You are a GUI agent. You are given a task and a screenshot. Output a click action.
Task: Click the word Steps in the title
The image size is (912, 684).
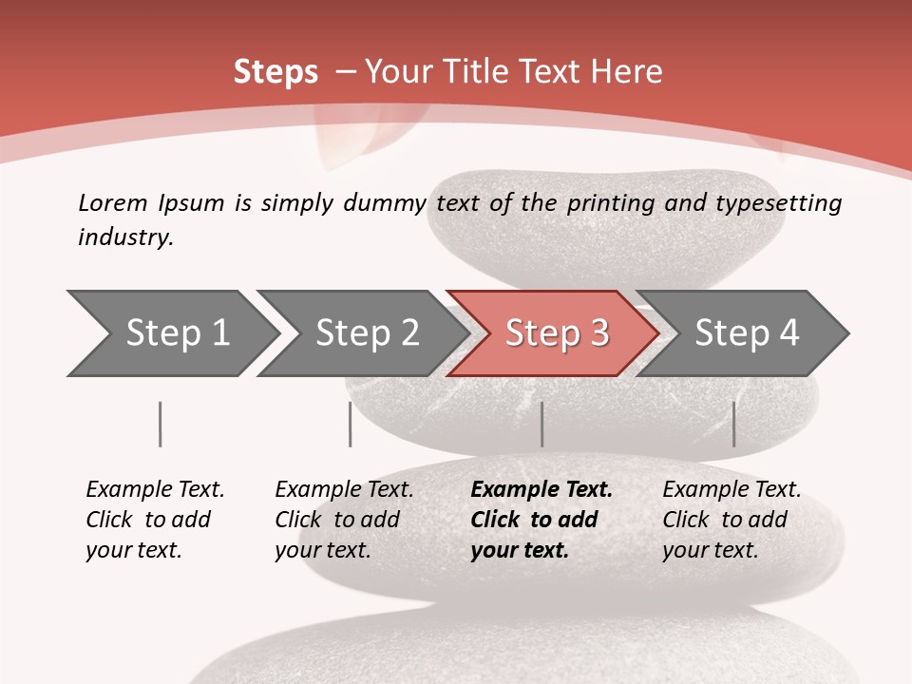[x=275, y=72]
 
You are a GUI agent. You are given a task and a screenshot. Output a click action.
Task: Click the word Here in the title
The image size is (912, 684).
[x=627, y=72]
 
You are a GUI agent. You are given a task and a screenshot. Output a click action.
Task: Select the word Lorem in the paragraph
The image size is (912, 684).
[x=113, y=202]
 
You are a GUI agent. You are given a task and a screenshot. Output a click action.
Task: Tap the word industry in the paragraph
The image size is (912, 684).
[x=125, y=237]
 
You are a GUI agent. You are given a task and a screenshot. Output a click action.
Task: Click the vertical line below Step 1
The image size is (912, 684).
[x=161, y=424]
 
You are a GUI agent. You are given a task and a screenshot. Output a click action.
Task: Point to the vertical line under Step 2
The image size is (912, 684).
[x=351, y=424]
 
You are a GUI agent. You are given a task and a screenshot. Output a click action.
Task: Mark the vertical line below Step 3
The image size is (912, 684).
[x=541, y=424]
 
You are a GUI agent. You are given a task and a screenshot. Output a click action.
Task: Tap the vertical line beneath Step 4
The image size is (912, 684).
[x=733, y=424]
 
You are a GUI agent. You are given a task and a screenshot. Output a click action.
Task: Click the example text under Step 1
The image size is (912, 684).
[x=155, y=520]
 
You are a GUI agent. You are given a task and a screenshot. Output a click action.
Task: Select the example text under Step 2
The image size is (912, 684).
[x=344, y=520]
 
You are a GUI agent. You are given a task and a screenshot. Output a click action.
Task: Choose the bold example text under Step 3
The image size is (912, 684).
[x=541, y=520]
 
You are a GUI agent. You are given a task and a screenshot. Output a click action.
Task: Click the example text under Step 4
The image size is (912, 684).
[x=731, y=520]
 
